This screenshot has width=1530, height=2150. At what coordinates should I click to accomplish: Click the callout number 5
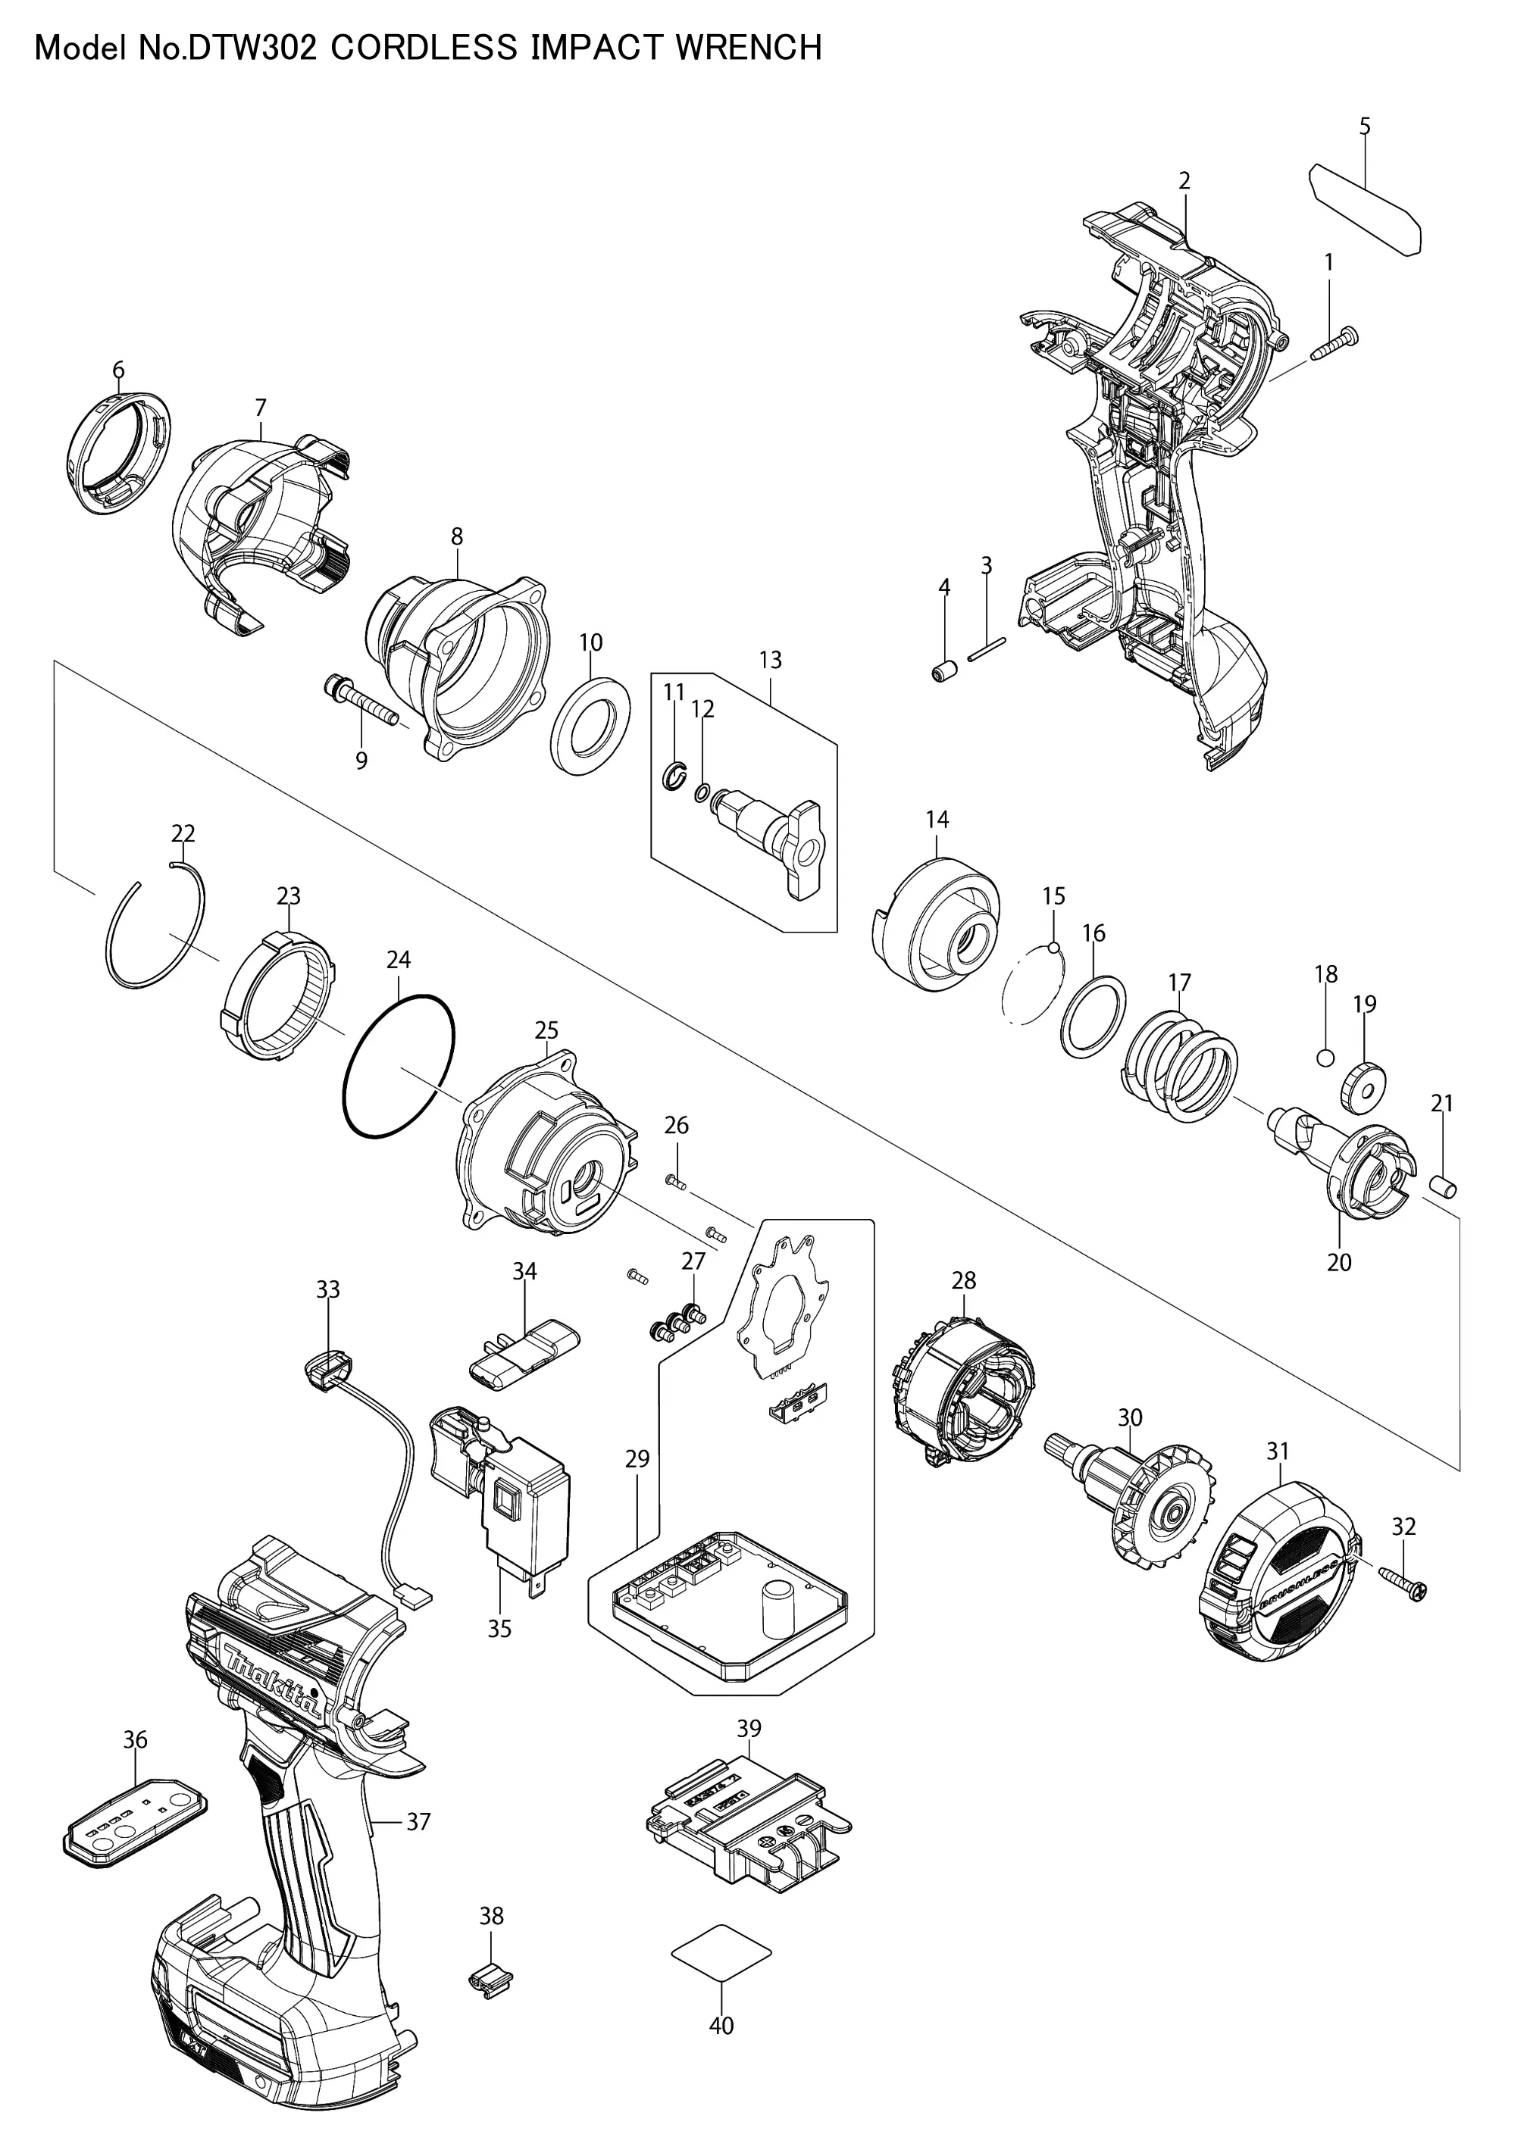pos(1365,127)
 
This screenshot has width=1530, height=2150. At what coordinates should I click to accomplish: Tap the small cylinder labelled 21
pos(1444,1186)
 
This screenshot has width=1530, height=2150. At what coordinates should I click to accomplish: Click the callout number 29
pos(637,1459)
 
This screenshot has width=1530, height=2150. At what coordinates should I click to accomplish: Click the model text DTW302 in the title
pos(253,47)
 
